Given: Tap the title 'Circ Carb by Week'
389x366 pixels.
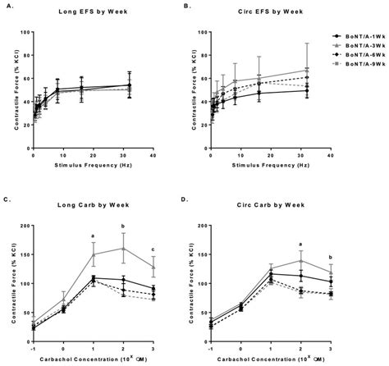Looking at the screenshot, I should pyautogui.click(x=261, y=199).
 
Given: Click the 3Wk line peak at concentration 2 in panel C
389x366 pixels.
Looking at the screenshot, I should pyautogui.click(x=123, y=248).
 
